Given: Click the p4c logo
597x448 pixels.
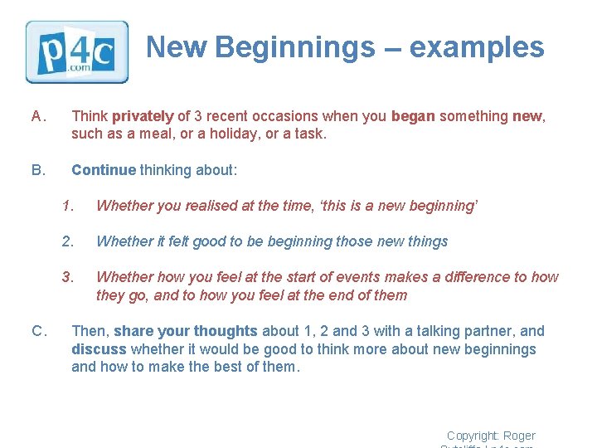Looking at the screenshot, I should click(x=77, y=51).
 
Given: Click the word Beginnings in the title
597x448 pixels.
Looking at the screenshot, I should click(x=294, y=47).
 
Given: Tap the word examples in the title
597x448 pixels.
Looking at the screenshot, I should click(x=477, y=47).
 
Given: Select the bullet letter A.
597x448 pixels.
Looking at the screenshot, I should click(x=37, y=116).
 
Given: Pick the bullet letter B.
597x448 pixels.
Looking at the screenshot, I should click(x=37, y=170).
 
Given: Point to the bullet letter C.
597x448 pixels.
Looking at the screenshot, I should click(x=37, y=332).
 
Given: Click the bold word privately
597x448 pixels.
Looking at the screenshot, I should click(x=143, y=116).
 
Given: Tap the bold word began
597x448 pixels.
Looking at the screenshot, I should click(x=413, y=116).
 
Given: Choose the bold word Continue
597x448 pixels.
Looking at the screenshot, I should click(x=103, y=170).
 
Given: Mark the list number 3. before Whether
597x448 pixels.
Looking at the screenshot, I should click(x=68, y=277).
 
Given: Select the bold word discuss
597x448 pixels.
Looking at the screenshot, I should click(x=99, y=349).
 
